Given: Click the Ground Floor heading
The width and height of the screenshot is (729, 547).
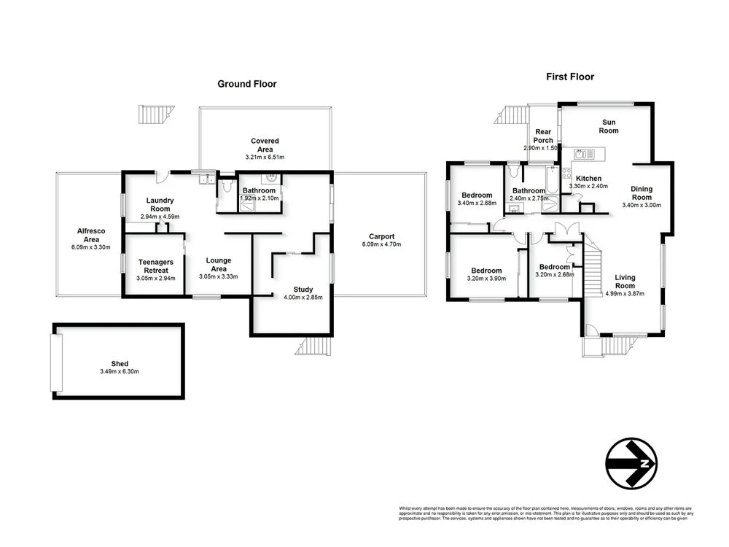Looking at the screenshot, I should [247, 84].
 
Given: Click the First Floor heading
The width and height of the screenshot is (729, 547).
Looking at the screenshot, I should [570, 77].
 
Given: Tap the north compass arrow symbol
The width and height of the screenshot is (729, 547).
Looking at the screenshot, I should [631, 462].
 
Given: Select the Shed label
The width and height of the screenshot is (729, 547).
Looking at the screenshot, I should [120, 363].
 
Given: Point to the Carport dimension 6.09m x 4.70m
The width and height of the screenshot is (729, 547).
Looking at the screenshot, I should [381, 244].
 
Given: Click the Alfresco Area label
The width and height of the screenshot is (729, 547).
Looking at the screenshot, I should [91, 235].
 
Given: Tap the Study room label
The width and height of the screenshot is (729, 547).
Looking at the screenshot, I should [303, 290].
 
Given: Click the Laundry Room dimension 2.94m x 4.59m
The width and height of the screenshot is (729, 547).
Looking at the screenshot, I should [159, 217].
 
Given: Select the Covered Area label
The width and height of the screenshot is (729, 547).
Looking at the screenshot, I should [265, 145].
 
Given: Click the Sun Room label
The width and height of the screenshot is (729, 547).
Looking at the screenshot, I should [609, 126].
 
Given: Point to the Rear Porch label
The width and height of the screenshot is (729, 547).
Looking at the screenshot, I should [543, 136].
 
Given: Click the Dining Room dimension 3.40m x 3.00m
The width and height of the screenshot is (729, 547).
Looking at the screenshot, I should [642, 206].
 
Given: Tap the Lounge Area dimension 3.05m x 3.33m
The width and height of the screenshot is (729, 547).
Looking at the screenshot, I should [218, 277].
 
